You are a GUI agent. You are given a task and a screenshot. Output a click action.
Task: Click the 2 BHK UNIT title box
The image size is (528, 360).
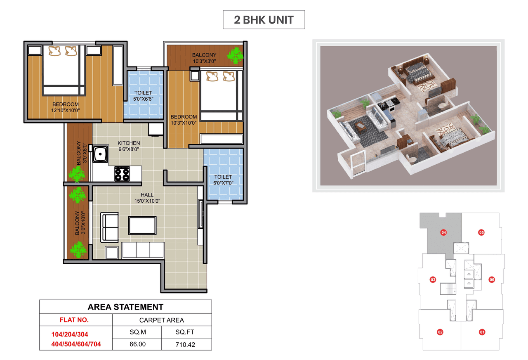pyautogui.click(x=264, y=20)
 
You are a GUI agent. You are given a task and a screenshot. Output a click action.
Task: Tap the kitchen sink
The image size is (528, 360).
pyautogui.click(x=100, y=155)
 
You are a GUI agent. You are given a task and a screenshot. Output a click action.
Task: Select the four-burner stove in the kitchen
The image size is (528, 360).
pyautogui.click(x=122, y=173)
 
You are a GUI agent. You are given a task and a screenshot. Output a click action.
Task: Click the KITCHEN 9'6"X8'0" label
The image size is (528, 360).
pyautogui.click(x=129, y=146)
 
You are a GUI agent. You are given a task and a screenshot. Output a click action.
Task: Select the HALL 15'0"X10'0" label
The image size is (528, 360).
pyautogui.click(x=147, y=198)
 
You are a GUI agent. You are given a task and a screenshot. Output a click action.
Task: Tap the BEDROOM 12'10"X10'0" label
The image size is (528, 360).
pyautogui.click(x=66, y=107)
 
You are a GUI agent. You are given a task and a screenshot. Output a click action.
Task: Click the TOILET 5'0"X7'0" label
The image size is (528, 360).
pyautogui.click(x=223, y=180)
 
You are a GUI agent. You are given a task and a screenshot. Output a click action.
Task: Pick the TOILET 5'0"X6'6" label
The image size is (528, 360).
pyautogui.click(x=143, y=96)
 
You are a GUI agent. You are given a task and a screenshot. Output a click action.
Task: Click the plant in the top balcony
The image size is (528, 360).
pyautogui.click(x=236, y=55)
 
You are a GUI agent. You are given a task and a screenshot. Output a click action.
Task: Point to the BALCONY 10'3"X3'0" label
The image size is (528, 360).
pyautogui.click(x=204, y=58)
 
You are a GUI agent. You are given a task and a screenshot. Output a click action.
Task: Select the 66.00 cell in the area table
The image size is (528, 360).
pyautogui.click(x=138, y=344)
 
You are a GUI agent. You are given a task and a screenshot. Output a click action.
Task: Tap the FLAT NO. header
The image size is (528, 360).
pyautogui.click(x=74, y=320)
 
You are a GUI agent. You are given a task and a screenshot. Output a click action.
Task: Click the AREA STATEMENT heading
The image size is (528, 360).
pyautogui.click(x=125, y=307)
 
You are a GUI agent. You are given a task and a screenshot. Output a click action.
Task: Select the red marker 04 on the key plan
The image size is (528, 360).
pyautogui.click(x=443, y=232)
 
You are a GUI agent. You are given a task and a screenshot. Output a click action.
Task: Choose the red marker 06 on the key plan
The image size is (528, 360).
pyautogui.click(x=491, y=279)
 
